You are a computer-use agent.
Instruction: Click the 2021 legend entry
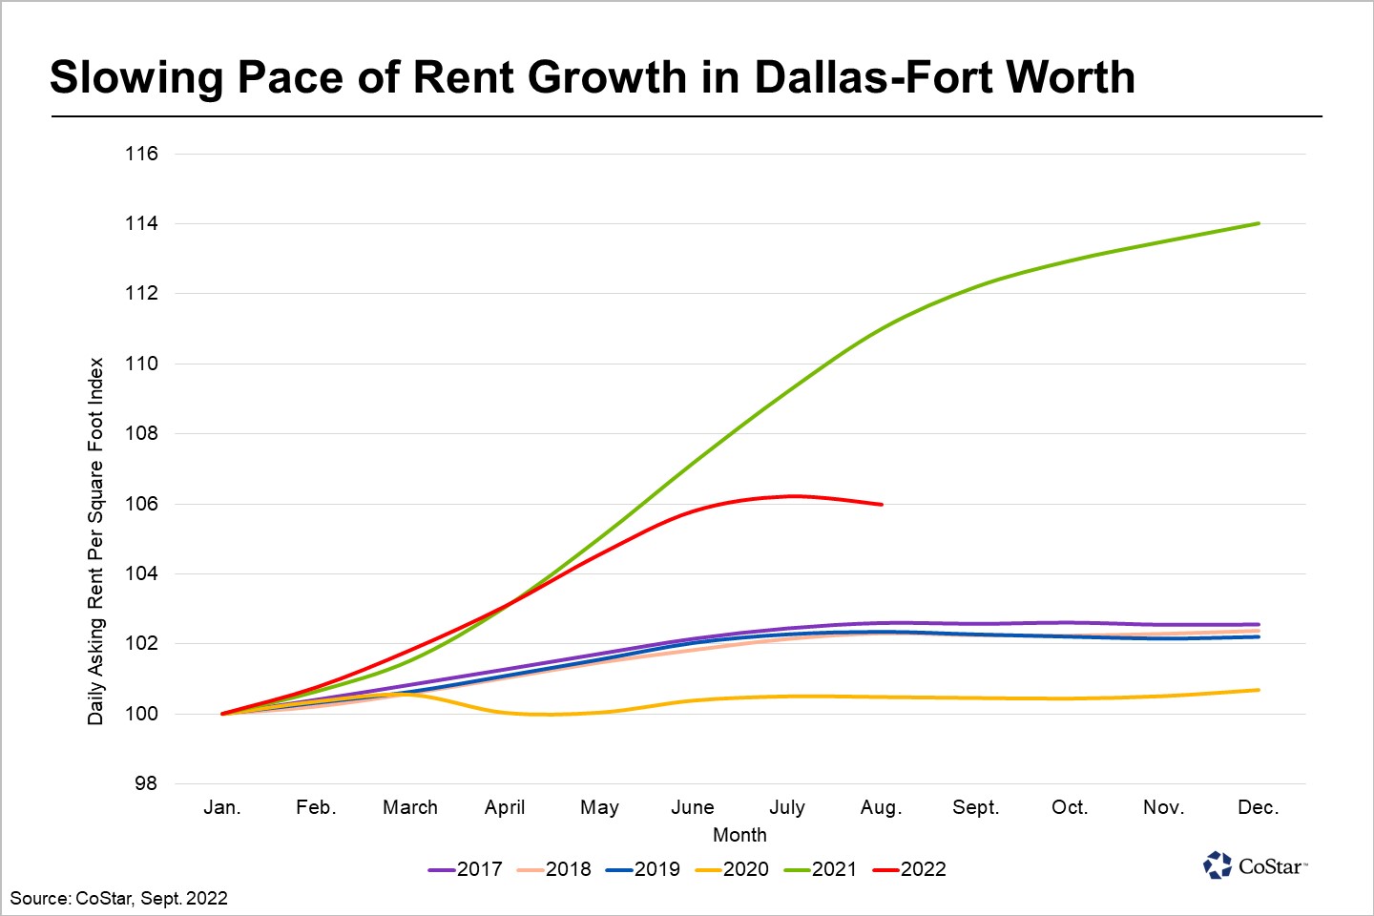pos(822,869)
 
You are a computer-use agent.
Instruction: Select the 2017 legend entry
pos(467,869)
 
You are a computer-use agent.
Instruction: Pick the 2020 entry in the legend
pos(733,869)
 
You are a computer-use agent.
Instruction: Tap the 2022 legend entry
pos(910,869)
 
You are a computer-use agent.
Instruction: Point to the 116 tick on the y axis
pos(141,154)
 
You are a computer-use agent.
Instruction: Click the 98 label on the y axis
pos(145,783)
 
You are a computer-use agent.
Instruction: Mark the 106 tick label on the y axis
pos(141,504)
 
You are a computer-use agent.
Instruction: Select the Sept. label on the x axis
pos(975,807)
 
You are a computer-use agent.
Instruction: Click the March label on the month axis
pos(410,807)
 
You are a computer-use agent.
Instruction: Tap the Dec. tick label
pos(1258,807)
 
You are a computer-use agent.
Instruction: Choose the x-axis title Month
pos(739,835)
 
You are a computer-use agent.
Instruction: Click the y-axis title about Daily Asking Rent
pos(95,541)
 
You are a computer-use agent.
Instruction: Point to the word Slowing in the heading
pos(135,77)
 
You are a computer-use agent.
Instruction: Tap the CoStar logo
pos(1255,865)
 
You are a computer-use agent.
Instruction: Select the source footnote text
pos(119,898)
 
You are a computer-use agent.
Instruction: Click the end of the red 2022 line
pos(882,504)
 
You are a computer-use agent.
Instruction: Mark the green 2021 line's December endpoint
pos(1259,223)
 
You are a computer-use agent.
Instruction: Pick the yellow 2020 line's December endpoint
pos(1259,690)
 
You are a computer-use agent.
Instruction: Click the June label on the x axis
pos(693,807)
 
